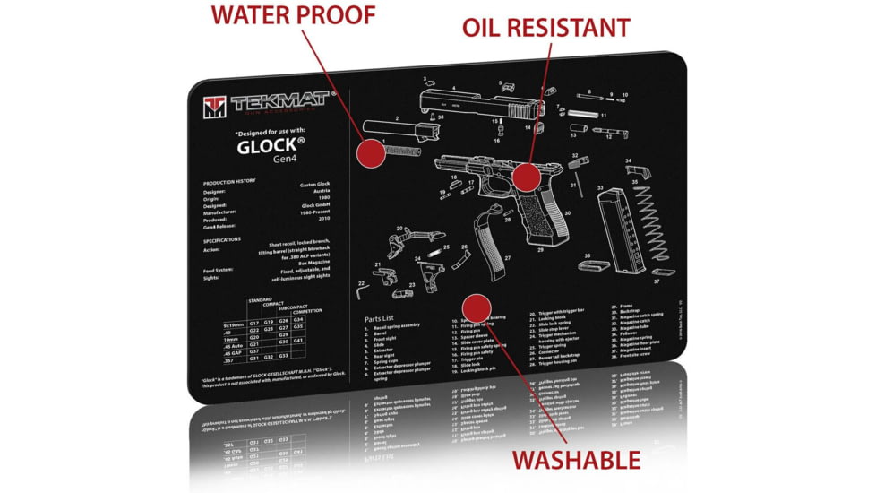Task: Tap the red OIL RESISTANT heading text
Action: coord(545,28)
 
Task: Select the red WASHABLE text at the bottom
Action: coord(575,460)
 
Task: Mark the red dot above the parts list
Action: coord(475,305)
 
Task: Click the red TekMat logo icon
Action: coord(213,107)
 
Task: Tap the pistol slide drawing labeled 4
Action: coord(477,105)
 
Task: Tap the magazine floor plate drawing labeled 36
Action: coord(596,265)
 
